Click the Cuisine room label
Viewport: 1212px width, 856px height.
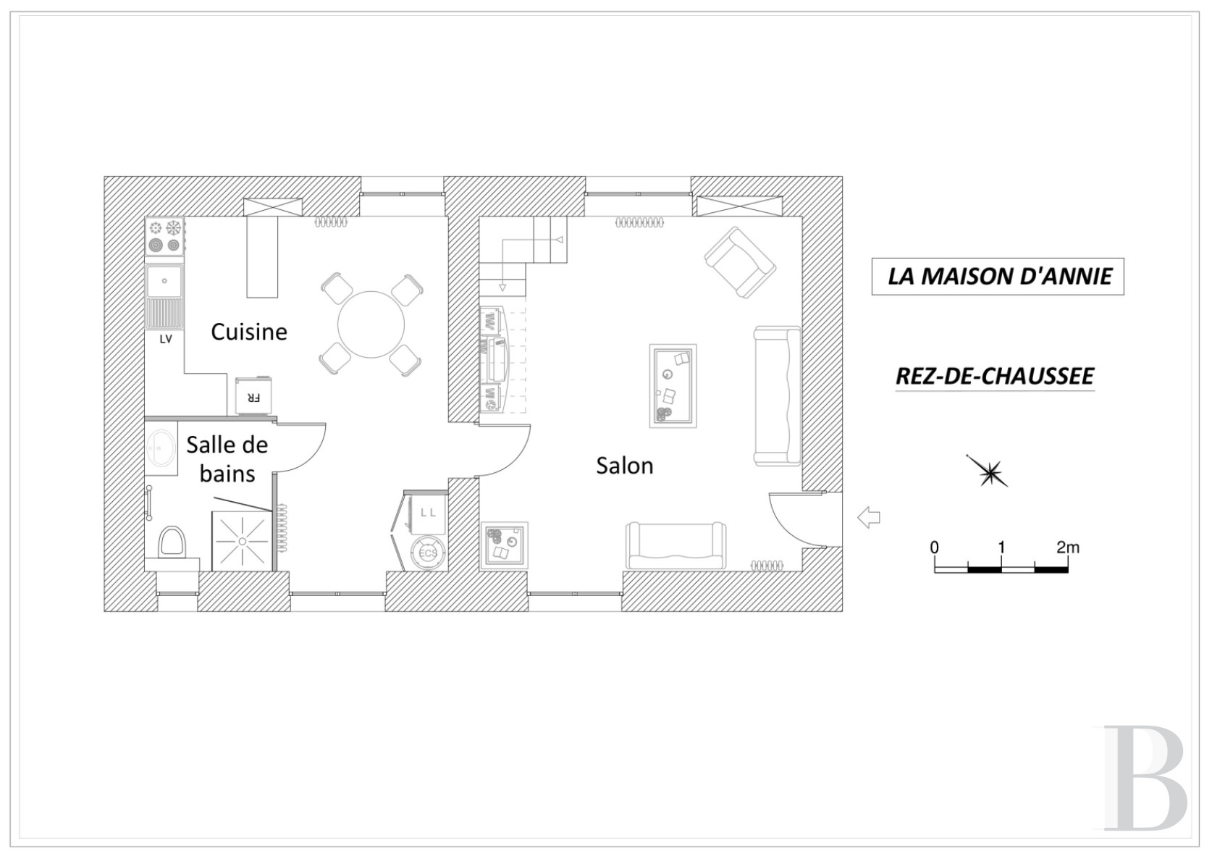(x=249, y=332)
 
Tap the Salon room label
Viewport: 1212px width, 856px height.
(x=624, y=466)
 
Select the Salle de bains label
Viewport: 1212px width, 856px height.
(x=227, y=459)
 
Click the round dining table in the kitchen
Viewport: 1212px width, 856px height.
(x=371, y=324)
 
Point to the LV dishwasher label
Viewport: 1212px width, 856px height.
(x=166, y=339)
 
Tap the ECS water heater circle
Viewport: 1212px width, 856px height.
(x=428, y=553)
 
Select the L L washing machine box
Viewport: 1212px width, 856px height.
(x=428, y=513)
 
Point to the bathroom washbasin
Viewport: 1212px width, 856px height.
(x=161, y=448)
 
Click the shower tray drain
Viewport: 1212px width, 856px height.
(x=243, y=541)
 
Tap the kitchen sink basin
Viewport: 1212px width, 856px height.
(x=164, y=281)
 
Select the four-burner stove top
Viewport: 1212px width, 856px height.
(x=164, y=237)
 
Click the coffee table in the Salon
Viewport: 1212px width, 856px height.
(x=673, y=386)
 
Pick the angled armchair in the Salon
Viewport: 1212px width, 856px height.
(x=740, y=262)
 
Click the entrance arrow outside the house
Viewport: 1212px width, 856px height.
(x=868, y=517)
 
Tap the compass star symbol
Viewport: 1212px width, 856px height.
(x=989, y=472)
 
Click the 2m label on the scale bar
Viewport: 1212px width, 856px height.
(x=1067, y=547)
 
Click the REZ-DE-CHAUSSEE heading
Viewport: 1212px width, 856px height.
(x=995, y=376)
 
